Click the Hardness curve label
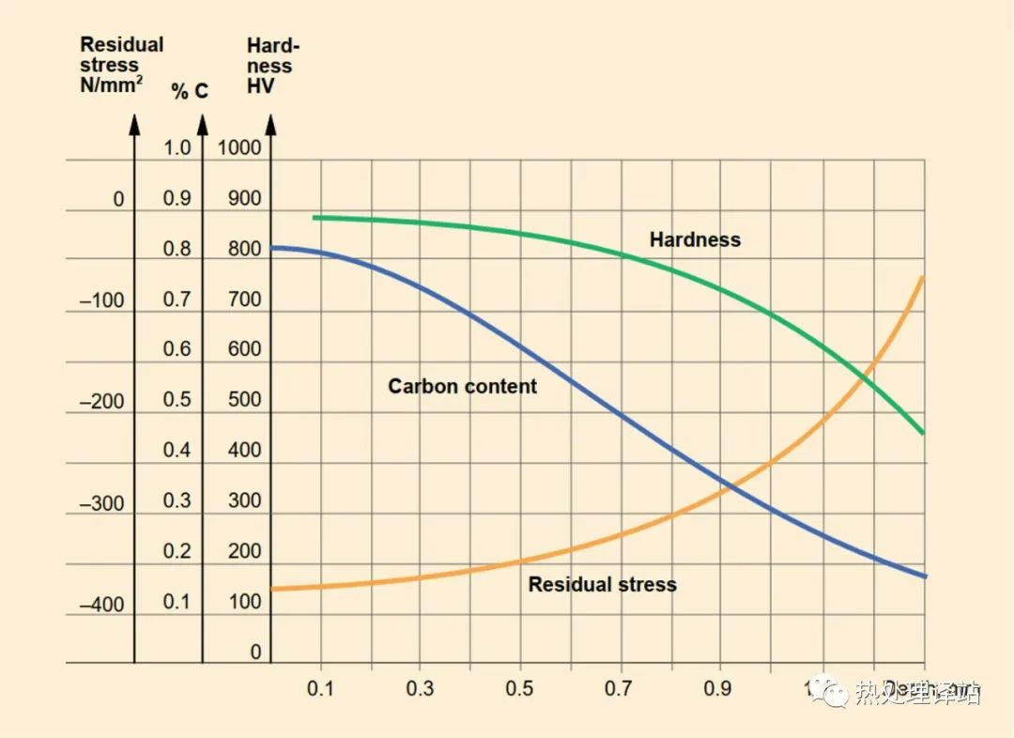pyautogui.click(x=695, y=239)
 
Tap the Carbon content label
pyautogui.click(x=462, y=386)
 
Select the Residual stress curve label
pyautogui.click(x=602, y=584)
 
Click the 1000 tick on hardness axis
pyautogui.click(x=240, y=147)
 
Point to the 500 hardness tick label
pyautogui.click(x=244, y=400)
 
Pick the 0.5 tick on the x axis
pyautogui.click(x=519, y=688)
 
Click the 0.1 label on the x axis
pyautogui.click(x=320, y=688)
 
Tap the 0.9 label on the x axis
pyautogui.click(x=718, y=688)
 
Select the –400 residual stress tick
pyautogui.click(x=101, y=605)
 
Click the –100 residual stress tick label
pyautogui.click(x=101, y=300)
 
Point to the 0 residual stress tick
pyautogui.click(x=118, y=199)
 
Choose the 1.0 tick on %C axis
pyautogui.click(x=177, y=147)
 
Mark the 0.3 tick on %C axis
pyautogui.click(x=177, y=500)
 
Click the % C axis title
pyautogui.click(x=190, y=91)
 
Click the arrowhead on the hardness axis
pyautogui.click(x=270, y=124)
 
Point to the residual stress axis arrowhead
pyautogui.click(x=134, y=124)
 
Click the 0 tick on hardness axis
pyautogui.click(x=255, y=653)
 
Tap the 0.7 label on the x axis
pyautogui.click(x=619, y=688)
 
